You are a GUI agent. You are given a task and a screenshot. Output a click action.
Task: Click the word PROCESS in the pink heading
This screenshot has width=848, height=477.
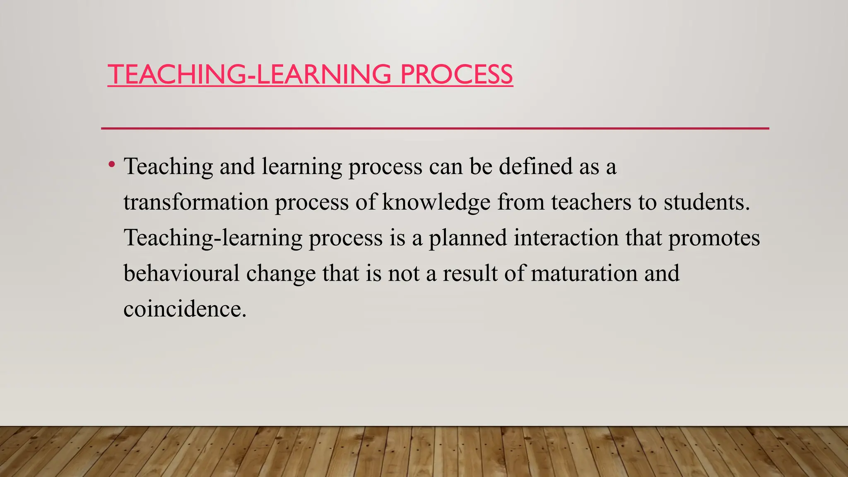tap(456, 75)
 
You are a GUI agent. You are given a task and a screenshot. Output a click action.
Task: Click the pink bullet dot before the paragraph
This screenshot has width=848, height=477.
tap(111, 165)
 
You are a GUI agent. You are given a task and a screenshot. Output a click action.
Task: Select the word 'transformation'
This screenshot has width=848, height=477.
tap(196, 202)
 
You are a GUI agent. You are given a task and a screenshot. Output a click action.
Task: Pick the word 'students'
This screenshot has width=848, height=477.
tap(706, 202)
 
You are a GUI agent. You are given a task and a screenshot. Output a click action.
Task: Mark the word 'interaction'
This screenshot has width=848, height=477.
tap(566, 238)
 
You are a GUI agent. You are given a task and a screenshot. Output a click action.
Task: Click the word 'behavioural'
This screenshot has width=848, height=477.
tap(181, 274)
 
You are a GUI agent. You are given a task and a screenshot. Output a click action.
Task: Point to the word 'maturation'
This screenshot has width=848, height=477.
tap(584, 274)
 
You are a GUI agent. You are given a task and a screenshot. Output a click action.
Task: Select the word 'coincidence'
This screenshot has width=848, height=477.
tap(185, 309)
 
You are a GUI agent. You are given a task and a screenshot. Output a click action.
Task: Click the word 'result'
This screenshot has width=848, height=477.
tap(470, 274)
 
